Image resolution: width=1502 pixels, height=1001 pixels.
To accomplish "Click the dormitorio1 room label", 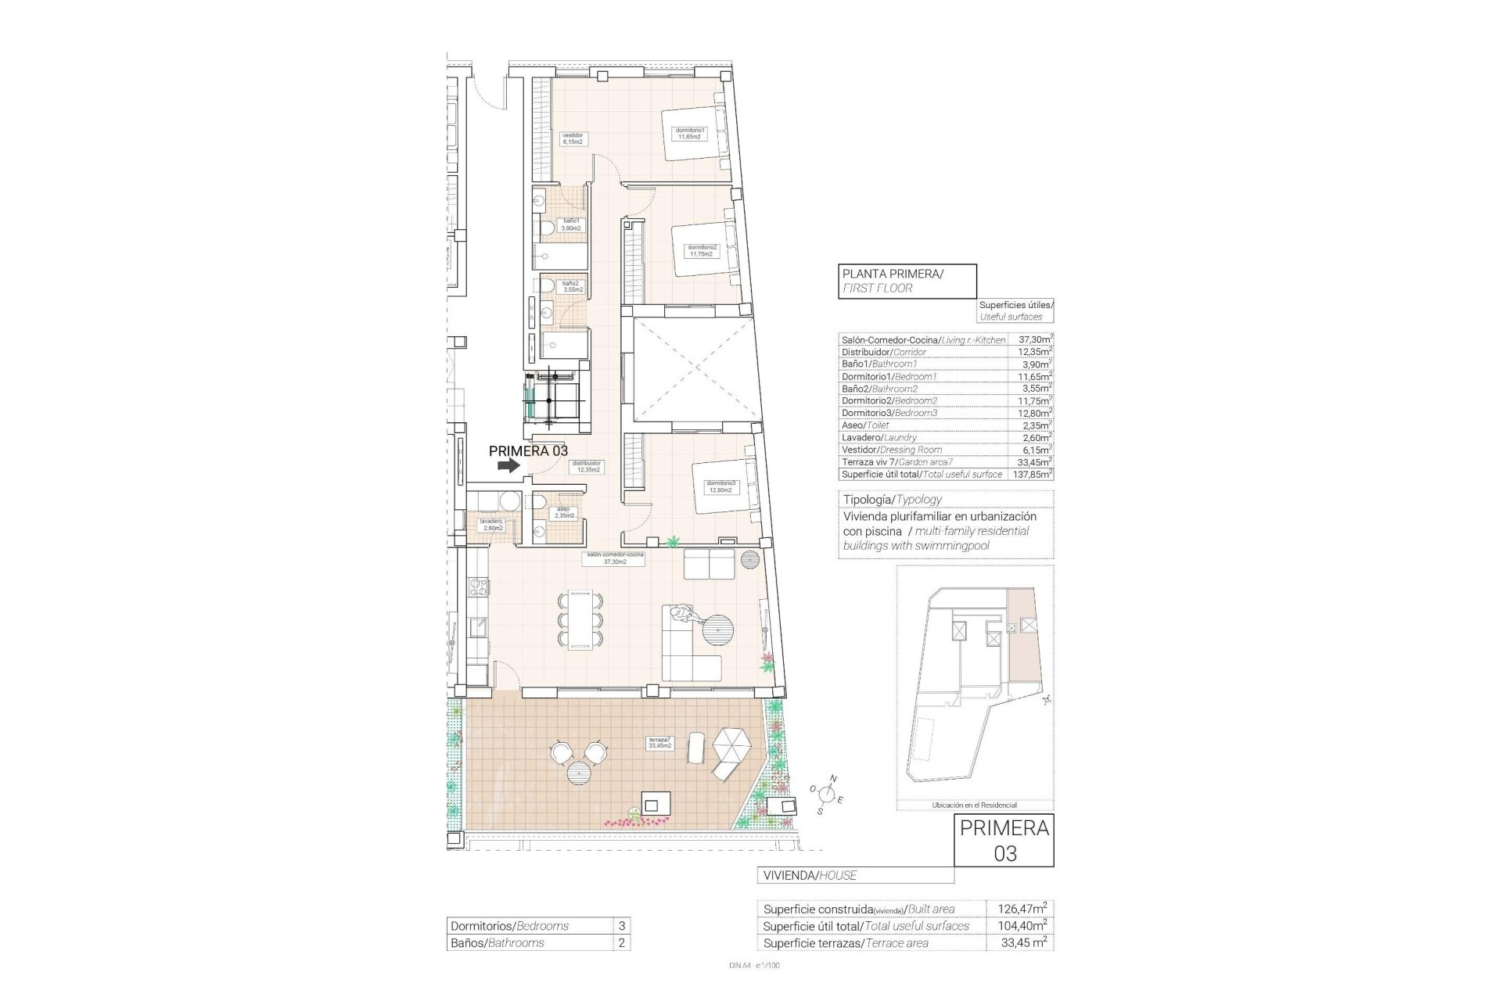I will point(691,134).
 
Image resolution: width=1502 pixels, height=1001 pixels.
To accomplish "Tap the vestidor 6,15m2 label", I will point(573,139).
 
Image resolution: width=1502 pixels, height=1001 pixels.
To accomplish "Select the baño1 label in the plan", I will point(572,225).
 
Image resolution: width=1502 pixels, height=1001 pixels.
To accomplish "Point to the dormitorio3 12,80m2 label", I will point(721,486).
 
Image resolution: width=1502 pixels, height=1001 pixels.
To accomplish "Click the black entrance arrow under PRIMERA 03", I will point(508,465).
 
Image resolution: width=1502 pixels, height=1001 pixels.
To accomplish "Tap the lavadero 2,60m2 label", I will point(492,524).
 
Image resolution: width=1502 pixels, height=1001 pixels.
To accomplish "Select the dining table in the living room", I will point(581,621).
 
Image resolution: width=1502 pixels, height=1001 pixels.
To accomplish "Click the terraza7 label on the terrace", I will point(659,742).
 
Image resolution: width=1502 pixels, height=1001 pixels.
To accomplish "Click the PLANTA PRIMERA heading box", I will point(907,281).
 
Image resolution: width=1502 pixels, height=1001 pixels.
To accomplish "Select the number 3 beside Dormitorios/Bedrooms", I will point(621,926).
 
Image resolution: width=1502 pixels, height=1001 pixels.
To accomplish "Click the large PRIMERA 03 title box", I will point(1004,841).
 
